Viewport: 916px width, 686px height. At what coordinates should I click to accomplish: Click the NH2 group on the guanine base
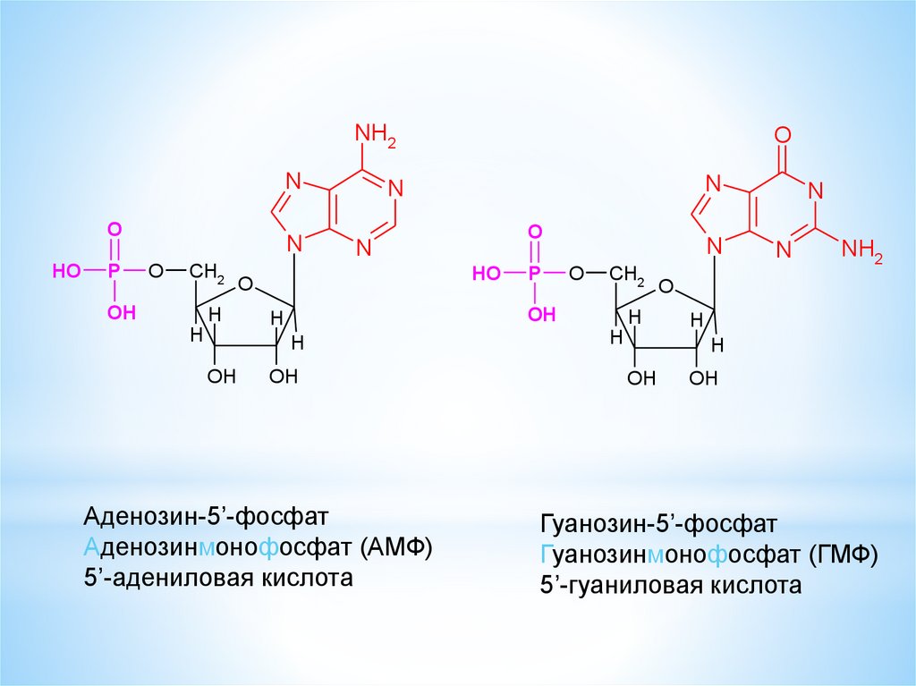click(x=862, y=250)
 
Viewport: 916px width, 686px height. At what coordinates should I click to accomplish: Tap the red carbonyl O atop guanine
click(x=783, y=135)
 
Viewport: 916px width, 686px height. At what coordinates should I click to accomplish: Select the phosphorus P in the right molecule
click(x=534, y=274)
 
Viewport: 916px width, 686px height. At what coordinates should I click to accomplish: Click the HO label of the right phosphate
click(x=487, y=274)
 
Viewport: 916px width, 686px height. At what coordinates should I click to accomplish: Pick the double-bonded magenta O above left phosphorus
click(x=114, y=229)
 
